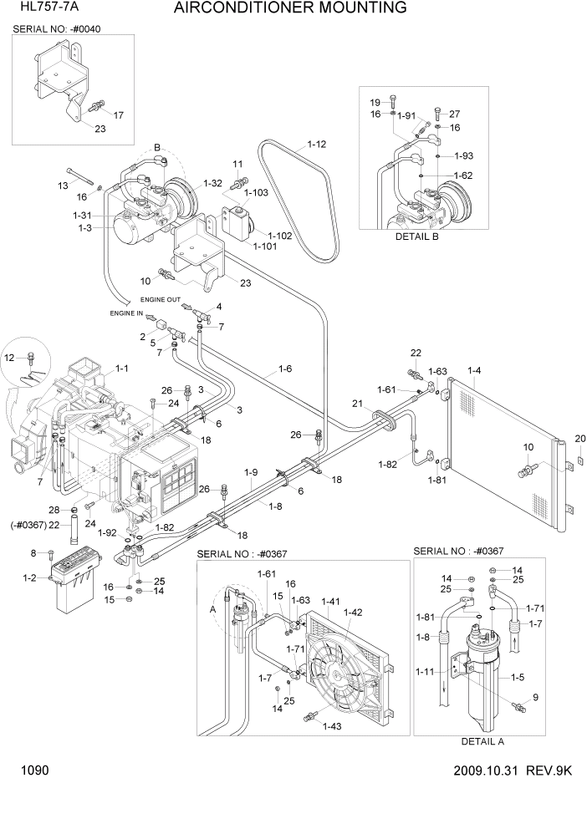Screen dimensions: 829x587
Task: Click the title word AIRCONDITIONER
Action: [x=242, y=9]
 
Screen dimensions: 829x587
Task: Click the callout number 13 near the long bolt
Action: [x=62, y=185]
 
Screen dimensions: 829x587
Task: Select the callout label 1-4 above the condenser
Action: [x=474, y=369]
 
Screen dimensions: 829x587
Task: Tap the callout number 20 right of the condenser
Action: [x=580, y=439]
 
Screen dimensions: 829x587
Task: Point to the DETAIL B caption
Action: [x=416, y=236]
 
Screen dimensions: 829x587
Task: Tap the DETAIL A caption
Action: [x=482, y=741]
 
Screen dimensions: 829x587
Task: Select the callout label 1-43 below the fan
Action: [x=334, y=726]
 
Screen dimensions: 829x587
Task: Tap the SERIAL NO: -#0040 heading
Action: [x=63, y=28]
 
